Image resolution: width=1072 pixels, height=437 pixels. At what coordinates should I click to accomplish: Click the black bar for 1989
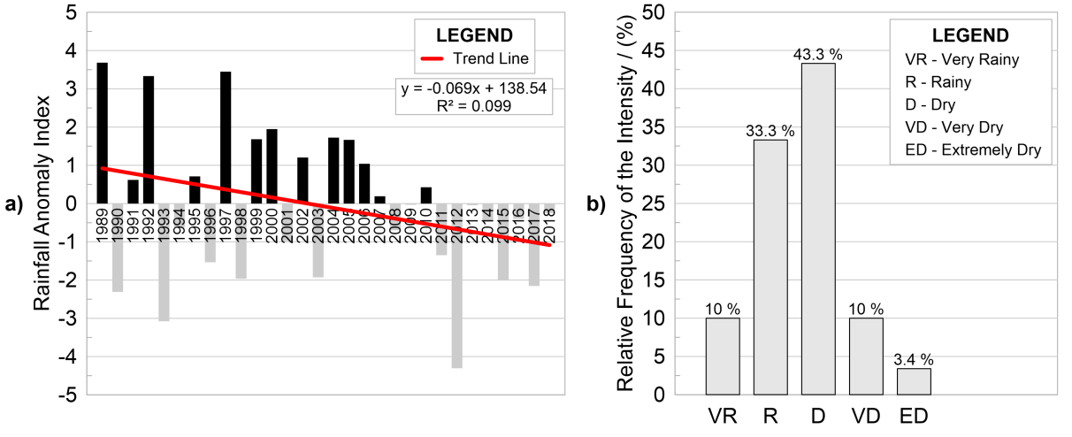(x=103, y=133)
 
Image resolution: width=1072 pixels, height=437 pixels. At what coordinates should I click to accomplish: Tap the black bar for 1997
(x=226, y=137)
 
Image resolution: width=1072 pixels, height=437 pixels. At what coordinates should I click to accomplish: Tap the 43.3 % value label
(x=818, y=55)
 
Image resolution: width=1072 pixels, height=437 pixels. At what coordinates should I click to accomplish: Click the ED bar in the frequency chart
(x=914, y=381)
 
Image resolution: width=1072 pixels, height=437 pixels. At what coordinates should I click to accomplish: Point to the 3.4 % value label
(x=914, y=360)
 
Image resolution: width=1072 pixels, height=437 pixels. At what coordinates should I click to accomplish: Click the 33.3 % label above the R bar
(x=770, y=131)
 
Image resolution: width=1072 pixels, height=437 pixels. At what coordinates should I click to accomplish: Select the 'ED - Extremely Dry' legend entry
(x=973, y=151)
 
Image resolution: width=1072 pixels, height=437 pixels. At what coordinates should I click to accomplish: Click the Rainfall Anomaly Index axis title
(x=42, y=203)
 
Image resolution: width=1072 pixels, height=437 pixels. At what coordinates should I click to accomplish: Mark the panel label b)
(x=593, y=205)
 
